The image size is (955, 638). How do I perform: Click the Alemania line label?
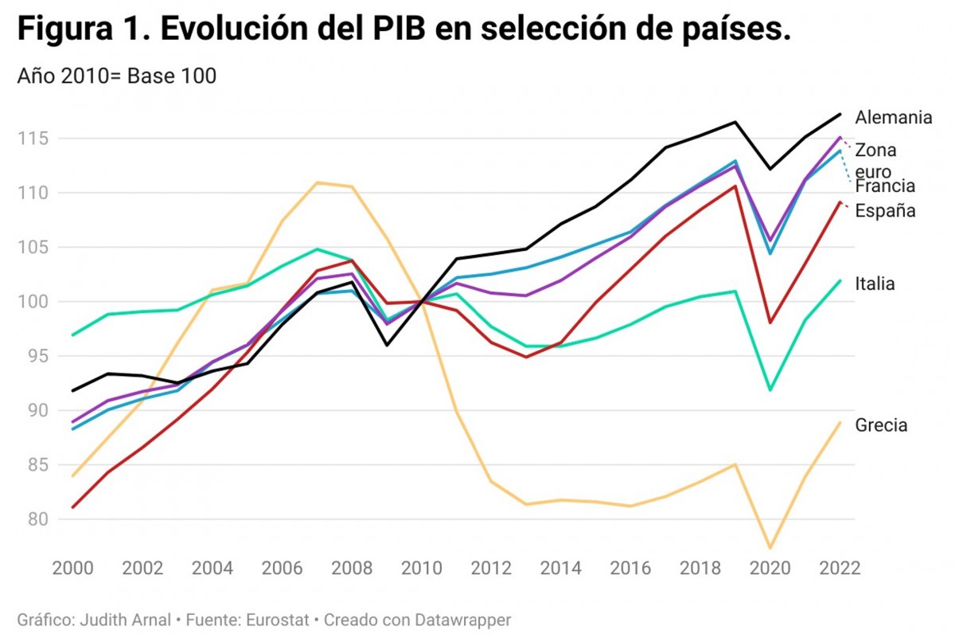[893, 118]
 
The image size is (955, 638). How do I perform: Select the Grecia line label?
[881, 425]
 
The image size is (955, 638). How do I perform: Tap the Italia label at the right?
[875, 284]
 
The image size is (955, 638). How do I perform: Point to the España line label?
[885, 211]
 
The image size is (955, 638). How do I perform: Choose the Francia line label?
[885, 186]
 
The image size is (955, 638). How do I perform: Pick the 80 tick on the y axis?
[36, 519]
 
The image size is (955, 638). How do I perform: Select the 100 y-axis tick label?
[31, 302]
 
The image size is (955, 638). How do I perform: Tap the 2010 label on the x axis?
[421, 570]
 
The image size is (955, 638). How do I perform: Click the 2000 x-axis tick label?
[72, 570]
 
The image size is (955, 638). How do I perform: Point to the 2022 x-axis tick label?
[840, 570]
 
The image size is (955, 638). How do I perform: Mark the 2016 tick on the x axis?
[630, 570]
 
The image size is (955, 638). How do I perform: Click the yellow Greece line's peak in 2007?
[318, 182]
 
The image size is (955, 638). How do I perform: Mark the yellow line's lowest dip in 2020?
[770, 548]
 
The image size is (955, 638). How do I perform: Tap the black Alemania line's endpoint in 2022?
[840, 114]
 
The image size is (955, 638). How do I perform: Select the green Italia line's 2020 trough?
[770, 390]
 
